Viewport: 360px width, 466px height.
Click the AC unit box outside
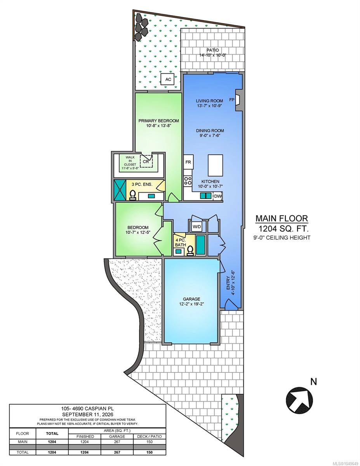(x=168, y=79)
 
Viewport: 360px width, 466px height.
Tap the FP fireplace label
(x=231, y=100)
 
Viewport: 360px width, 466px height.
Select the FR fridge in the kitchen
(x=188, y=162)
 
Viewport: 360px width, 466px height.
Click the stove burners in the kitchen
(x=188, y=181)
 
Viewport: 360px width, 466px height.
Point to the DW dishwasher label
(x=218, y=196)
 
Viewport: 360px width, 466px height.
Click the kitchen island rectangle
(x=215, y=165)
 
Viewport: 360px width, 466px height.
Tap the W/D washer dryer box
(x=197, y=226)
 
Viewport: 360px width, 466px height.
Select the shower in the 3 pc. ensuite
(x=120, y=190)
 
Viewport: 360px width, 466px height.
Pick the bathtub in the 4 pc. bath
(x=200, y=245)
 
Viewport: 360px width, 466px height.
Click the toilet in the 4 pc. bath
(x=190, y=251)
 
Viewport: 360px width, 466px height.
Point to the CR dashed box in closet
(x=146, y=162)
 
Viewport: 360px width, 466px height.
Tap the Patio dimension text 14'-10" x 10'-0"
(x=213, y=55)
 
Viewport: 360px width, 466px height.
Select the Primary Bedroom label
(x=158, y=121)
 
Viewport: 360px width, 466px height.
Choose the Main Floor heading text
(x=282, y=218)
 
